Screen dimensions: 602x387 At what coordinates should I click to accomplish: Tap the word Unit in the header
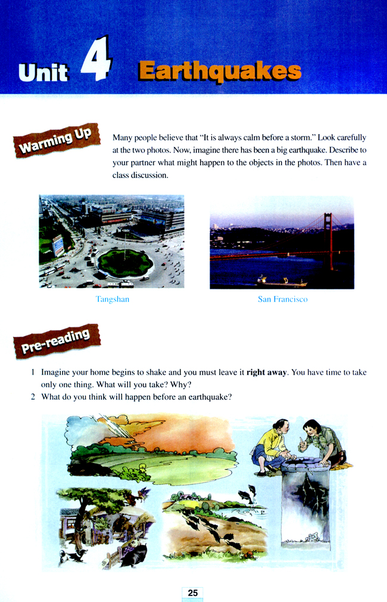(x=43, y=73)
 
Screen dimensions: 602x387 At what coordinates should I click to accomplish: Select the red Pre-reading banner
(x=57, y=340)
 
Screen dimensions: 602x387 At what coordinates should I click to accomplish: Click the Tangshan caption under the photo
(x=112, y=300)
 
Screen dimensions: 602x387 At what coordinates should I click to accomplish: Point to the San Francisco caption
(x=282, y=300)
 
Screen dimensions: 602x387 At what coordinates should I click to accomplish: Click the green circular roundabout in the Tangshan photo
(x=125, y=262)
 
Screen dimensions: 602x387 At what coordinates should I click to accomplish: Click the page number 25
(x=192, y=592)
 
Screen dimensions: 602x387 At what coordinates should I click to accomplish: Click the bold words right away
(x=267, y=372)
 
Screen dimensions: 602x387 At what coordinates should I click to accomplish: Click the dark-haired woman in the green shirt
(x=320, y=441)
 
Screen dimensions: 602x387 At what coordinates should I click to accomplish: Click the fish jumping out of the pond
(x=245, y=493)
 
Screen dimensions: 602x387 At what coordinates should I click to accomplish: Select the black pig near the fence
(x=132, y=554)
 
